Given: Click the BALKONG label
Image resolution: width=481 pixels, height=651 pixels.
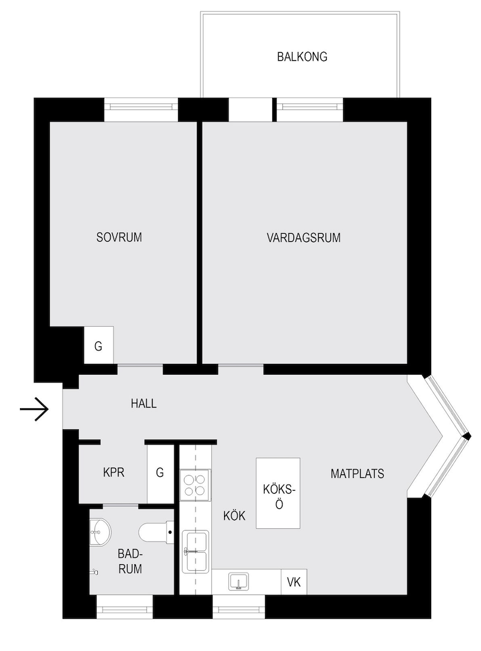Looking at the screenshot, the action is (x=302, y=56).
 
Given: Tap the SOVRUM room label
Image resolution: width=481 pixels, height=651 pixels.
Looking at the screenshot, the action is (x=119, y=237).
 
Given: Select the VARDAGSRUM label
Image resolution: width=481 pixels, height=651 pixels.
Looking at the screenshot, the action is (x=304, y=237).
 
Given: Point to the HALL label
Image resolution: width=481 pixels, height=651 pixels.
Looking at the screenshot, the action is (x=144, y=403).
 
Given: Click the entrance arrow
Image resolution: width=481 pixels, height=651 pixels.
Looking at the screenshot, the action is (x=35, y=409).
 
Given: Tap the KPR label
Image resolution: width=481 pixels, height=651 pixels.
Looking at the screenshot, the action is (x=114, y=472).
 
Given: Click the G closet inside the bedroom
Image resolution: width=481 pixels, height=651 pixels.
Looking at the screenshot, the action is (x=98, y=345).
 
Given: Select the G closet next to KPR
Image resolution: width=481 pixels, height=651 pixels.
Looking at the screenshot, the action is (x=160, y=472).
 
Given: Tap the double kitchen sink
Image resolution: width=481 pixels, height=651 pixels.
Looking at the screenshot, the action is (x=195, y=552).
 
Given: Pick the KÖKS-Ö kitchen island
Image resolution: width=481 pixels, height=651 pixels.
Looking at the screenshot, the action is (x=278, y=493).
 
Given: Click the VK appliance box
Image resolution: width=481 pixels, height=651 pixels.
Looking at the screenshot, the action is (x=294, y=582).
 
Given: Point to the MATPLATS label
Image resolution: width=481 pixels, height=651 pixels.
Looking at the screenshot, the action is (x=357, y=473).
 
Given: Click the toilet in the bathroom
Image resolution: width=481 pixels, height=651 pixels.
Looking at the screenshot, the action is (x=156, y=532).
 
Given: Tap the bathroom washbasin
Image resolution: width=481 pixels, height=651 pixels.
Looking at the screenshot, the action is (x=101, y=531).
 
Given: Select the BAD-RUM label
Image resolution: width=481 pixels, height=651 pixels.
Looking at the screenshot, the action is (x=130, y=561).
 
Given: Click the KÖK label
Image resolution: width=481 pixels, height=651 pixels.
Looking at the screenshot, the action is (x=234, y=516).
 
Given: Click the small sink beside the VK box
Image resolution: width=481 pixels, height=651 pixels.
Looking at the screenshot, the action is (x=239, y=581).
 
